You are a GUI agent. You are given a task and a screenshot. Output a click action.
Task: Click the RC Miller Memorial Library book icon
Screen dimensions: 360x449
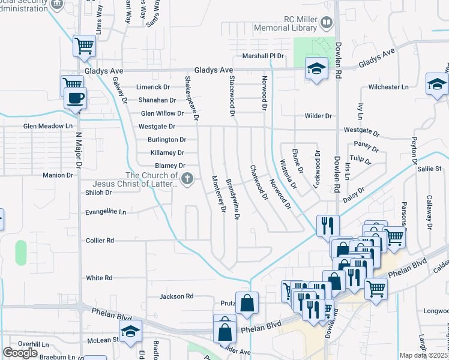coord(327,23)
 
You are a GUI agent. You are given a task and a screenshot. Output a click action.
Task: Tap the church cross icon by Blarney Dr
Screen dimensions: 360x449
coord(188,178)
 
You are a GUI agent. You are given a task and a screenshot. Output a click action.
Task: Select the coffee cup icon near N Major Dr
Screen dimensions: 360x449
coord(75,98)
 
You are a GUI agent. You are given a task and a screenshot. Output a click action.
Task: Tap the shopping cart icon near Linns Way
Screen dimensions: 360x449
coord(84,45)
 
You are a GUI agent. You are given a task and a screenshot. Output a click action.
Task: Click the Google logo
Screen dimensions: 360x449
coord(20,353)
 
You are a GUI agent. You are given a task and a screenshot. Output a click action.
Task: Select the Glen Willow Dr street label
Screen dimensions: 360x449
coord(162,113)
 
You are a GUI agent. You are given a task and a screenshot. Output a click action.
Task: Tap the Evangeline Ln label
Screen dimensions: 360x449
coord(106,212)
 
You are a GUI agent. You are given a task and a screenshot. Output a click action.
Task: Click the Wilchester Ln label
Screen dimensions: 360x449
coord(388,87)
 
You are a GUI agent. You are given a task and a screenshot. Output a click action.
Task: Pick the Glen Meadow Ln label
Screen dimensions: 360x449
coord(47,127)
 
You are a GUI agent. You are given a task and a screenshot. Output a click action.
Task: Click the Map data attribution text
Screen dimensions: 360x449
coord(424,355)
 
